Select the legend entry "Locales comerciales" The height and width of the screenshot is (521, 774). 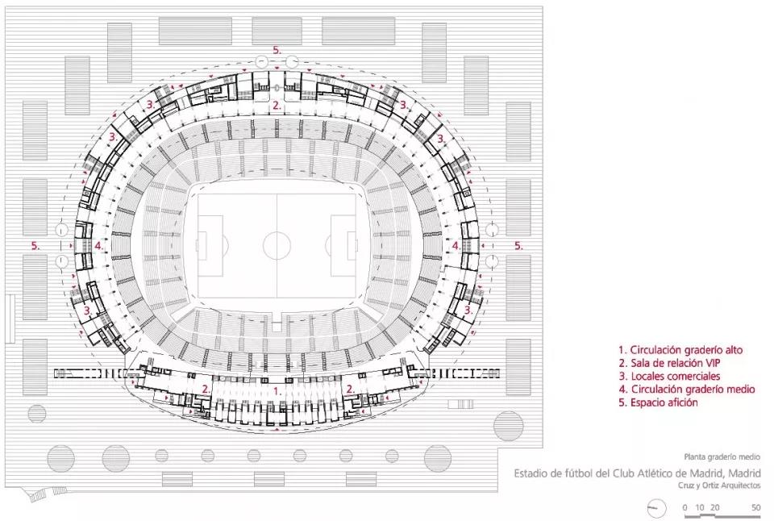coord(669,377)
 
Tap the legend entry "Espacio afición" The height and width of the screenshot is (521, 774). coord(659,402)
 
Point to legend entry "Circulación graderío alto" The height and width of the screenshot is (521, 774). coord(680,350)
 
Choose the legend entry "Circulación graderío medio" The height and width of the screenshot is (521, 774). coord(687,390)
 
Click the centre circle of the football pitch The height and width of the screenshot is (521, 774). coord(277,245)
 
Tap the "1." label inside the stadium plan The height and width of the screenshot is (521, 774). coord(277,391)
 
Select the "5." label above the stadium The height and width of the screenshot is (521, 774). coord(277,50)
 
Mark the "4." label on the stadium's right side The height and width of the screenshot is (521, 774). coord(456,245)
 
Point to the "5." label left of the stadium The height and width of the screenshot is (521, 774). coord(35,245)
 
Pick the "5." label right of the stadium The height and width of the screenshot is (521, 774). coord(518,245)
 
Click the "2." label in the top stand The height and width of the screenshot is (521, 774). coord(277,105)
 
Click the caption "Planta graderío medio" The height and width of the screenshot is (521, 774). coord(722,456)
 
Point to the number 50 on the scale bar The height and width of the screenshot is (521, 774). coord(755,507)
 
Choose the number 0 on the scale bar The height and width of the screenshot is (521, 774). coord(685,507)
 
